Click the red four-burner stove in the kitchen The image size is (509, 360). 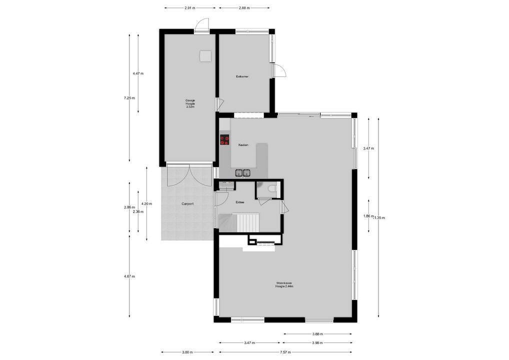(224, 140)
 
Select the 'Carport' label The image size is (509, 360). (187, 203)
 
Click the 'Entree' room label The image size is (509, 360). (240, 202)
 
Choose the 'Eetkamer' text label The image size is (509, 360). (242, 76)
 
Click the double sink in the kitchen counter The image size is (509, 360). (243, 173)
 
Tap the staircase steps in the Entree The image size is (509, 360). (246, 222)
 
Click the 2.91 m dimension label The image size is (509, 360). (189, 8)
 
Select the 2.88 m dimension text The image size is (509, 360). (244, 8)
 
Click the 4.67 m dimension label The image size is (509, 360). (129, 276)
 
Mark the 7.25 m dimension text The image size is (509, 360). (129, 98)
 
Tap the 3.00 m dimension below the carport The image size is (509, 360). (187, 352)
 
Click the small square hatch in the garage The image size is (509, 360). (204, 55)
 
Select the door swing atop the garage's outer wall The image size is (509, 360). (202, 24)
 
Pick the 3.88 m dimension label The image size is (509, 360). (317, 334)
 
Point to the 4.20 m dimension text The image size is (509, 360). (146, 203)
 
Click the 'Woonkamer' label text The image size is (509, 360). (284, 284)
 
